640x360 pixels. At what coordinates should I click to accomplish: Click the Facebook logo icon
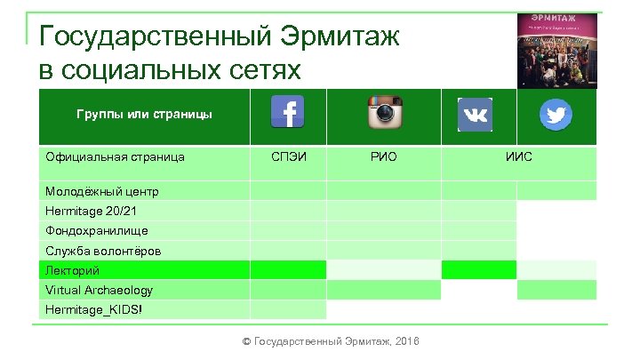point(287,112)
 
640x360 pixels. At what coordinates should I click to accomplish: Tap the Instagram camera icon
point(383,113)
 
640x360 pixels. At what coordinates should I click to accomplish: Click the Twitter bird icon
point(556,114)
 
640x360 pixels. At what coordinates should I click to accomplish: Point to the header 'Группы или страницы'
point(143,115)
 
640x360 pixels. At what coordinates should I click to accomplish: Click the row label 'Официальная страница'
point(115,157)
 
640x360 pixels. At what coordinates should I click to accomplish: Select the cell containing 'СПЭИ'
point(288,157)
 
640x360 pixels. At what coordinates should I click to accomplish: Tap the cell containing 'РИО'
point(383,157)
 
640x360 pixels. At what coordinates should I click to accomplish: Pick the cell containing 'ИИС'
point(519,157)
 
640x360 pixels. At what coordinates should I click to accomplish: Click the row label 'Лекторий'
point(72,270)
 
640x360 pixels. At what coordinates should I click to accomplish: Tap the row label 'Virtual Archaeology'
point(99,290)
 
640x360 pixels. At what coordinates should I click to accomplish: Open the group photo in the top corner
point(557,50)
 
